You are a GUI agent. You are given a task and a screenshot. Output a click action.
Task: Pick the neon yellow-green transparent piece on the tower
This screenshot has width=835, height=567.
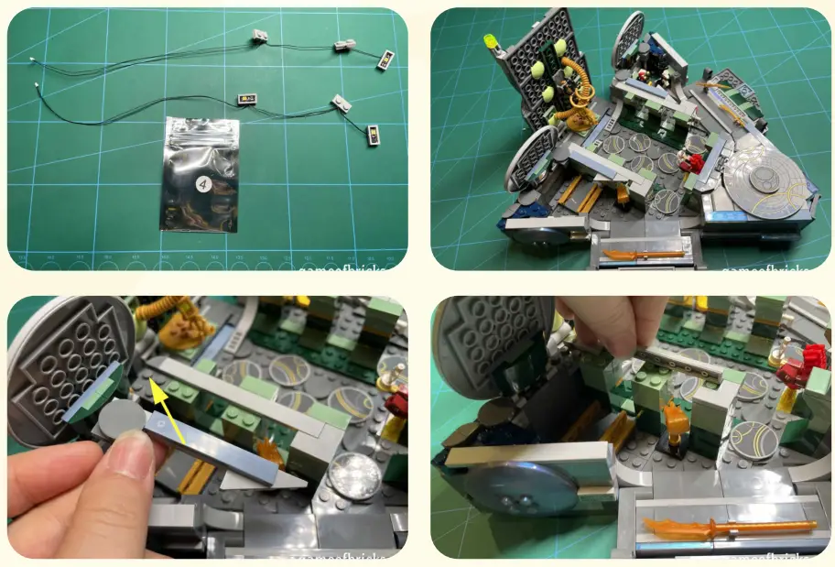point(491,41)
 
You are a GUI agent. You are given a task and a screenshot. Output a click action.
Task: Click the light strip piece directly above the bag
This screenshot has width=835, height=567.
point(247,98)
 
